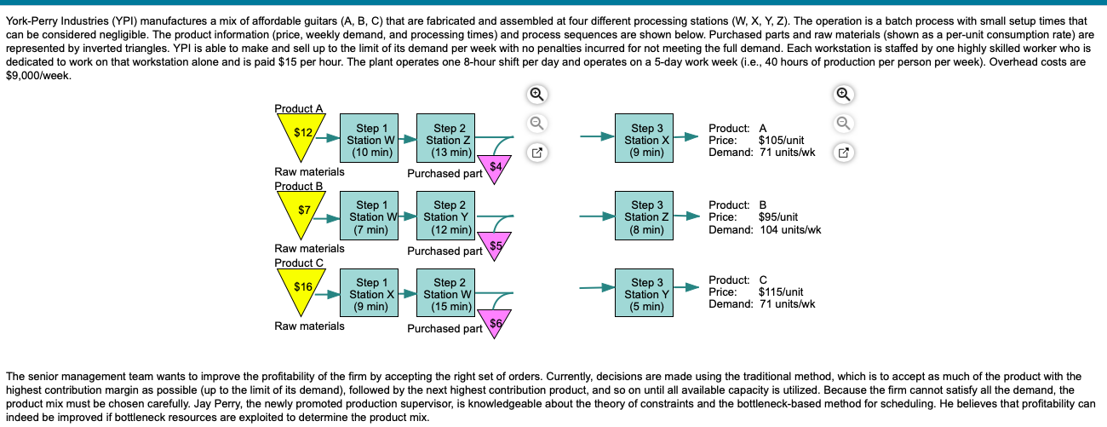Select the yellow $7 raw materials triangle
pos(300,211)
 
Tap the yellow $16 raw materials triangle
pos(300,289)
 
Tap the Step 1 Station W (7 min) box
pos(372,217)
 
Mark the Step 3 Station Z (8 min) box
pos(647,217)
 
